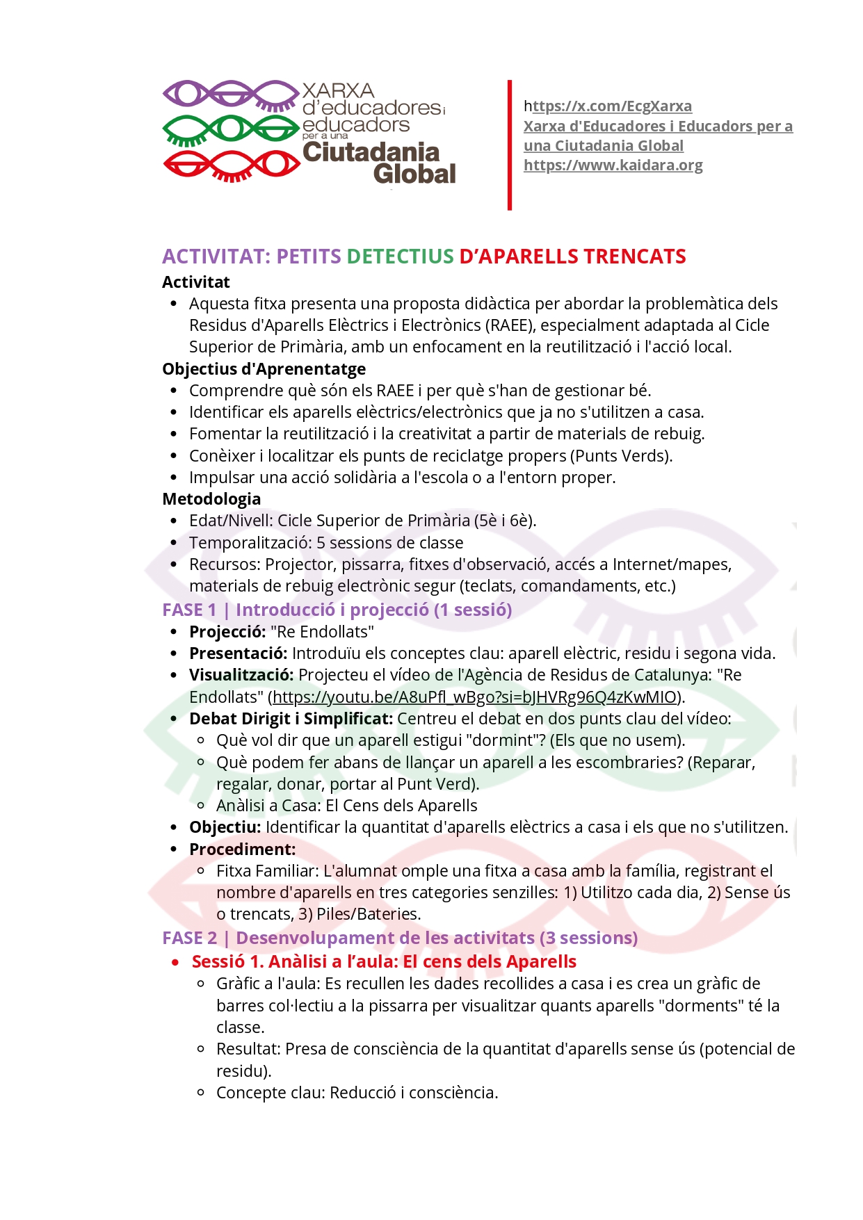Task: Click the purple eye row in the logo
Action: [230, 95]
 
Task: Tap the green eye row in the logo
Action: [230, 129]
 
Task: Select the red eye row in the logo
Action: [230, 165]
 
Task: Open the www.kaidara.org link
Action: [613, 165]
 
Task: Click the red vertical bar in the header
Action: [510, 145]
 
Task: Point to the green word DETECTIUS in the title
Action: [400, 257]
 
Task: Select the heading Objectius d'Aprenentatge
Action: [264, 369]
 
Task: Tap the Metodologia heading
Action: [211, 499]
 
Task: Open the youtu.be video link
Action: [474, 697]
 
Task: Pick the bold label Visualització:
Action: [241, 675]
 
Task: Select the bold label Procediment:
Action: [242, 849]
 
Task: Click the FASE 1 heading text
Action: [337, 610]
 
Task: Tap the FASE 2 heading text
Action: [400, 938]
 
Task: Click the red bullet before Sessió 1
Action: [176, 963]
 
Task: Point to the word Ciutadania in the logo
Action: [371, 152]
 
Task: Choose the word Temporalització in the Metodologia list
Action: [250, 543]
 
